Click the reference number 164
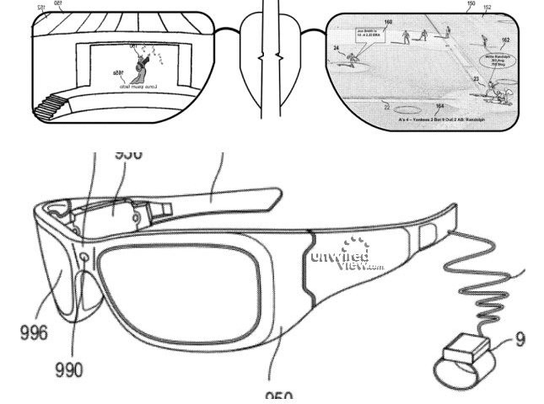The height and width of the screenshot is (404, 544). pos(439,106)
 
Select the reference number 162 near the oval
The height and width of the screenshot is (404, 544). pos(504,40)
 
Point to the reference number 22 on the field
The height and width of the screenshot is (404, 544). pos(386,107)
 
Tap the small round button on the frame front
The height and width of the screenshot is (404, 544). pos(86,258)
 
